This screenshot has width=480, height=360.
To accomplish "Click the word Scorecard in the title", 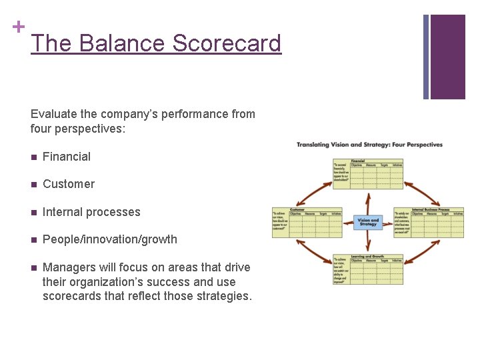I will tap(227, 43).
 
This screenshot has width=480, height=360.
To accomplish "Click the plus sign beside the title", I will tap(18, 27).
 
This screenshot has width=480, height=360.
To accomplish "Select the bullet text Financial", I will tap(66, 157).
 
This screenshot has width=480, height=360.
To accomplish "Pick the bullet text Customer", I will tap(68, 184).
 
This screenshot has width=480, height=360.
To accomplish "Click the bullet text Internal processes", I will tap(91, 212).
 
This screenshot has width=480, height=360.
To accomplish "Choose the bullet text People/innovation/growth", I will tap(109, 239).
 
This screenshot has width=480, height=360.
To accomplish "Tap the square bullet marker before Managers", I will tap(33, 267).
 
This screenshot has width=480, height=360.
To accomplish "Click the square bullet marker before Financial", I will tap(33, 157).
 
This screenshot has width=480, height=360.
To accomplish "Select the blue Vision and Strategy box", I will tap(368, 222).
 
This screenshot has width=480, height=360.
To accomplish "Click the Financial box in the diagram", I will tap(367, 173).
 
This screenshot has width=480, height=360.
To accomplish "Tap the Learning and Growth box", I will tap(367, 269).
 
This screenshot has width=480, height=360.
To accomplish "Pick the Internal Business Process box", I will tap(429, 222).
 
